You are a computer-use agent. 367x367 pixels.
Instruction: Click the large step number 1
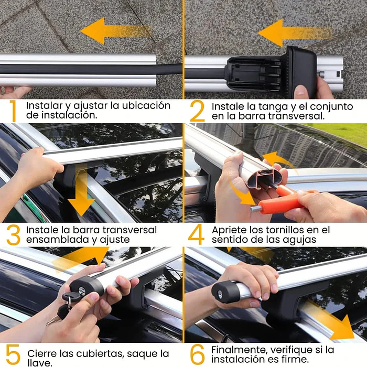(13, 111)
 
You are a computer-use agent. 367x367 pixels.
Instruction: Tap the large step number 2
(197, 111)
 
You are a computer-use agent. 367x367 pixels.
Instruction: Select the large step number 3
(13, 235)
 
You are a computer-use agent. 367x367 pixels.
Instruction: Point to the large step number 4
(196, 234)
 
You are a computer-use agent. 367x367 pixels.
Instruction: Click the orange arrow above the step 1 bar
(116, 31)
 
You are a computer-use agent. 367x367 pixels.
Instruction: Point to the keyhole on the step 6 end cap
(220, 295)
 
